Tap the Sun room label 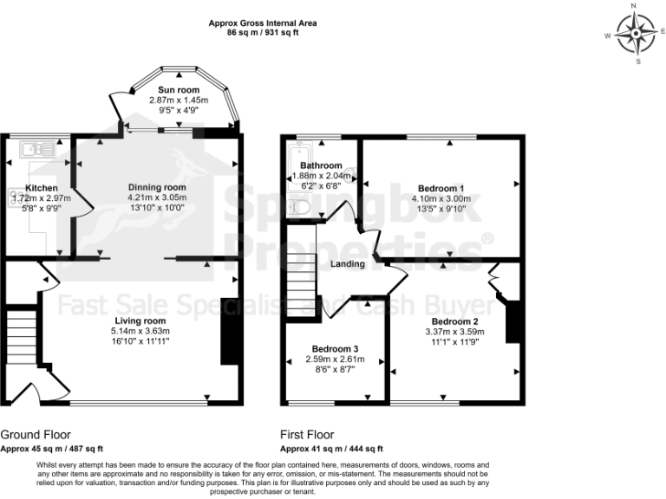coord(179,90)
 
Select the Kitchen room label coord(41,188)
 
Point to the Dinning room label coord(157,188)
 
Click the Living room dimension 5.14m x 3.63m coord(140,332)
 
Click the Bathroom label coord(321,165)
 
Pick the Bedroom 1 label coord(441,188)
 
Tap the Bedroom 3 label coord(335,349)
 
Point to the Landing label coord(347,264)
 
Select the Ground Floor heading coord(36,435)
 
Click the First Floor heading coord(307,435)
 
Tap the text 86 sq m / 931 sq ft coord(263,32)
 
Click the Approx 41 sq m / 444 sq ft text coord(331,449)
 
